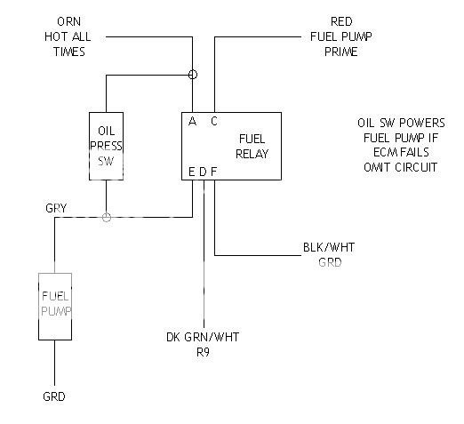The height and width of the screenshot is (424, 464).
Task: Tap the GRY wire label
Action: [x=56, y=208]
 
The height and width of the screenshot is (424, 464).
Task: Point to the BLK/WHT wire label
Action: [x=329, y=248]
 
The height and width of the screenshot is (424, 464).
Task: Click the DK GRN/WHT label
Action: [x=204, y=337]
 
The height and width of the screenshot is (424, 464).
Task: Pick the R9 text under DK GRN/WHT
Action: [x=204, y=352]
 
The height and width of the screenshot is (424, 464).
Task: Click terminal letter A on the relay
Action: [x=192, y=122]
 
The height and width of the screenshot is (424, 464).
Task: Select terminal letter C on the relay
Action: [x=213, y=122]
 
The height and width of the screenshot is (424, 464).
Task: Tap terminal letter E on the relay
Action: [x=192, y=171]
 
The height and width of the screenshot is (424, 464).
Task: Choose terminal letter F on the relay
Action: [x=213, y=171]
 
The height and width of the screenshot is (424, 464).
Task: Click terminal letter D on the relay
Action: [x=203, y=171]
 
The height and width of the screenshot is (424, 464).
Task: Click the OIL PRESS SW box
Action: [x=106, y=146]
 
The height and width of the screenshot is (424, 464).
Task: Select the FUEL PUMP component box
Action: [x=55, y=305]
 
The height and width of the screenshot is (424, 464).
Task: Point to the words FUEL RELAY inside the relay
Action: [x=253, y=146]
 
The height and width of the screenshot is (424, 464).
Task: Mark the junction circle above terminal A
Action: [x=192, y=75]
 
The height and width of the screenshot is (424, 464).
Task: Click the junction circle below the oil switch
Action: [x=106, y=216]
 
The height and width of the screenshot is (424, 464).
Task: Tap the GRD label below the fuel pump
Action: [x=55, y=397]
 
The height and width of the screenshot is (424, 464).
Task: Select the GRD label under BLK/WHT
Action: [x=329, y=263]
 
